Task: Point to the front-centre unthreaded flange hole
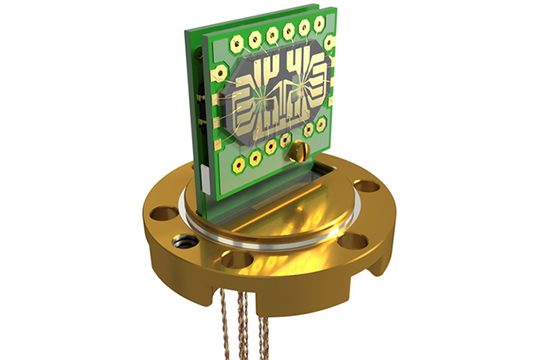coord(238,259)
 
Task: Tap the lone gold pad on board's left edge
coord(219,73)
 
